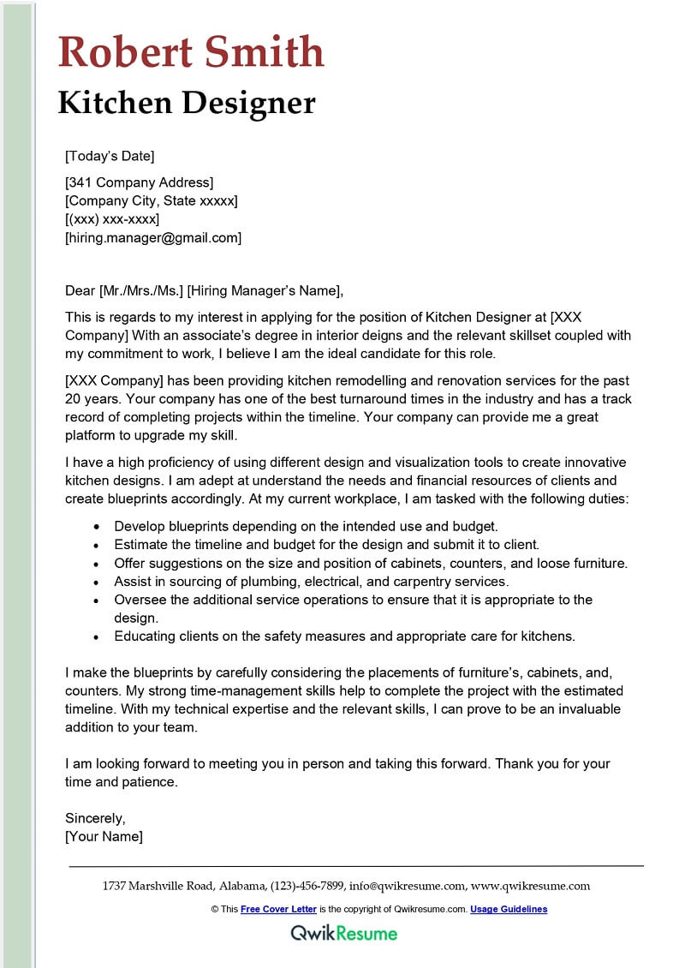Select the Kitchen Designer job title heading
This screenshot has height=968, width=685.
tap(187, 104)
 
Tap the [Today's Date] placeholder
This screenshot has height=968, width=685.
tap(110, 156)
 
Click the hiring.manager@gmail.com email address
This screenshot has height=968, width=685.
tap(153, 238)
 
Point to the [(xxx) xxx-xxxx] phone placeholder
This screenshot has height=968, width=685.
tap(112, 219)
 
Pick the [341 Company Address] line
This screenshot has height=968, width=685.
tap(140, 182)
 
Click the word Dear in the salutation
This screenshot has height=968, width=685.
tap(80, 290)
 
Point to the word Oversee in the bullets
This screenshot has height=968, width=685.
tap(140, 600)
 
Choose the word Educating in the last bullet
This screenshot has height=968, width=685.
tap(145, 636)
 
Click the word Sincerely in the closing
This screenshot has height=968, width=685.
tap(95, 818)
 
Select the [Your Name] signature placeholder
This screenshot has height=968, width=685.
tap(104, 836)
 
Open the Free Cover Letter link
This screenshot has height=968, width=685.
tap(278, 909)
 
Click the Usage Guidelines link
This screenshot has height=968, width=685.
tap(509, 909)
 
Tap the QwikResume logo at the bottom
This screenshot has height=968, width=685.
tap(343, 933)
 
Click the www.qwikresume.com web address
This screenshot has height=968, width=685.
tap(531, 886)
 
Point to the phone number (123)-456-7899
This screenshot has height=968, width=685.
tap(307, 886)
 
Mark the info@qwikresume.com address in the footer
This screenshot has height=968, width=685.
tap(408, 886)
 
